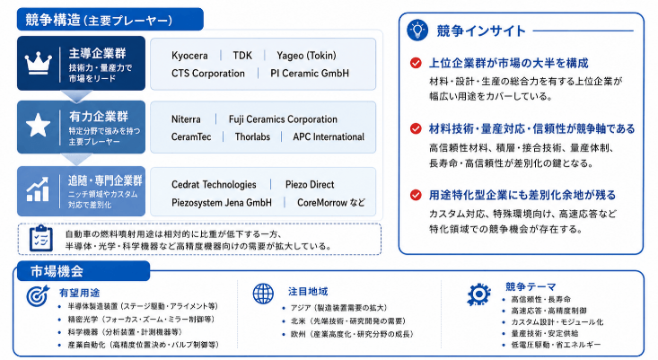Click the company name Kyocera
189,56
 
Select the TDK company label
242,56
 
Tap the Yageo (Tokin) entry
306,56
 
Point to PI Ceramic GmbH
310,74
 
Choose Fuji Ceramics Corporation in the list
283,119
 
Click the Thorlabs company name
252,136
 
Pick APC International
329,136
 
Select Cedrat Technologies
214,185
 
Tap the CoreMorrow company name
322,203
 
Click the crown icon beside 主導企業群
39,63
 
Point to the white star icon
39,125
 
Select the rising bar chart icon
38,189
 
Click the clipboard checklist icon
41,238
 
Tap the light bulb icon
417,31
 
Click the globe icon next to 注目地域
263,294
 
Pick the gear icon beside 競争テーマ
478,294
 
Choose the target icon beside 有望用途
39,295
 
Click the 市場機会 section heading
57,271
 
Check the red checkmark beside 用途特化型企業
416,195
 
